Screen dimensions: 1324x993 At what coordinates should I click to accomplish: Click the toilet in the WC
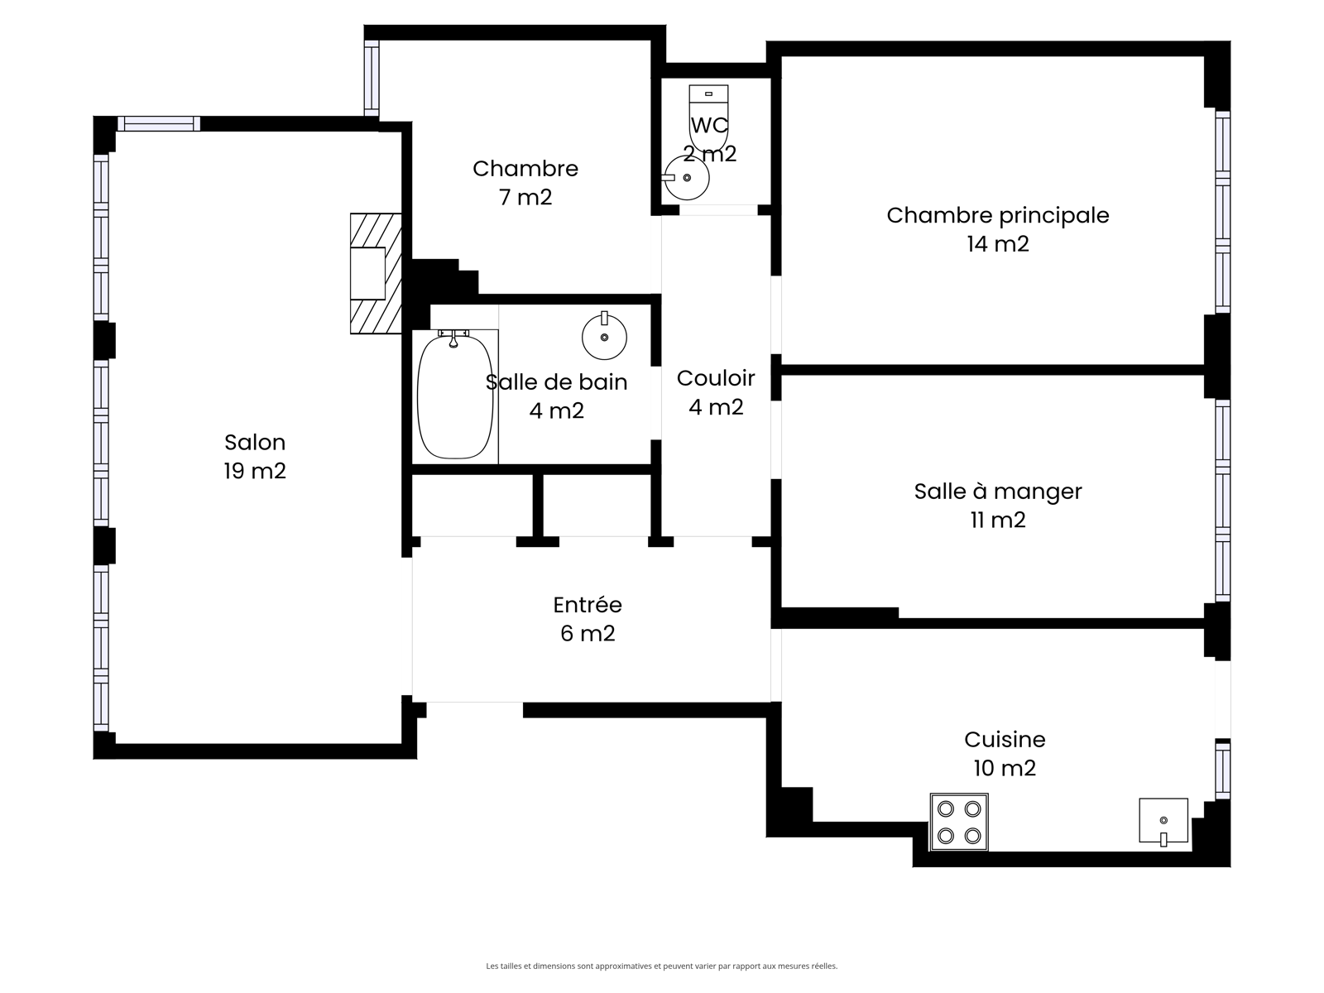coord(708,118)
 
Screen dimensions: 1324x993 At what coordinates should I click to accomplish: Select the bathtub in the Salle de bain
coord(455,396)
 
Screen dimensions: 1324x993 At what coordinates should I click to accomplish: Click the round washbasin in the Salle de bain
coord(604,337)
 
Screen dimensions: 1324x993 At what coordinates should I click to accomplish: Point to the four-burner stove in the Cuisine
coord(959,822)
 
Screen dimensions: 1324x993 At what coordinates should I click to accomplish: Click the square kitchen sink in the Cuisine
coord(1163,821)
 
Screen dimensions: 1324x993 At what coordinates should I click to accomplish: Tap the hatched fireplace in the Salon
coord(376,273)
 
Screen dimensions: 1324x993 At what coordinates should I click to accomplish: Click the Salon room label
coord(255,443)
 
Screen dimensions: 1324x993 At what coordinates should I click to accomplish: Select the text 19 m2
coord(255,471)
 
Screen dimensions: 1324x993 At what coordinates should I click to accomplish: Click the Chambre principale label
coord(998,215)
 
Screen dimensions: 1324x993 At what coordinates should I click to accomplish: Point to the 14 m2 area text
coord(998,244)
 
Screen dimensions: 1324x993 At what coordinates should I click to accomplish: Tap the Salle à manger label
coord(998,492)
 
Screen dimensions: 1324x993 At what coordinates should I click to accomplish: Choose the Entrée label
coord(588,605)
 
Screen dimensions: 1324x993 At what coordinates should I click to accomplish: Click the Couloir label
coord(716,379)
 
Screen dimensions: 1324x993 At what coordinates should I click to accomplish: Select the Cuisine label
coord(1005,740)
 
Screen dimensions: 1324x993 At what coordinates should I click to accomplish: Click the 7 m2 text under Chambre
coord(525,198)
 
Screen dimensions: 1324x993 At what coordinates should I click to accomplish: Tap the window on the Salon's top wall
coord(159,123)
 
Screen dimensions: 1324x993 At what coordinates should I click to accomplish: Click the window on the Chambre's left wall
coord(372,78)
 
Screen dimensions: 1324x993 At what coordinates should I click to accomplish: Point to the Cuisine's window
coord(1222,770)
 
